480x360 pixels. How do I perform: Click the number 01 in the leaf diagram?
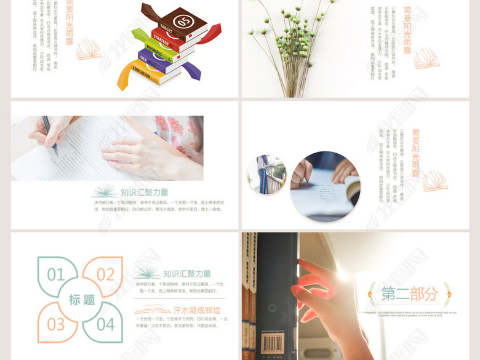[x=56, y=274]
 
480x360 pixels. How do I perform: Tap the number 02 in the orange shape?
[x=105, y=274]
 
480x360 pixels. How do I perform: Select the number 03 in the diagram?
[x=56, y=324]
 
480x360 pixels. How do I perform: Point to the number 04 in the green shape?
[x=105, y=324]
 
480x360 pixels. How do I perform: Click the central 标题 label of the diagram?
[x=81, y=300]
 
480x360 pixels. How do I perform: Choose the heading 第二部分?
[x=409, y=294]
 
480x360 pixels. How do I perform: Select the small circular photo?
[x=267, y=174]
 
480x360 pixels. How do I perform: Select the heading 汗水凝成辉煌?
[x=195, y=310]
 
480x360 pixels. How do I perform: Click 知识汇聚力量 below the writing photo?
[x=144, y=192]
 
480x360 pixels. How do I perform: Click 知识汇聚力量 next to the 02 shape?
[x=187, y=274]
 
